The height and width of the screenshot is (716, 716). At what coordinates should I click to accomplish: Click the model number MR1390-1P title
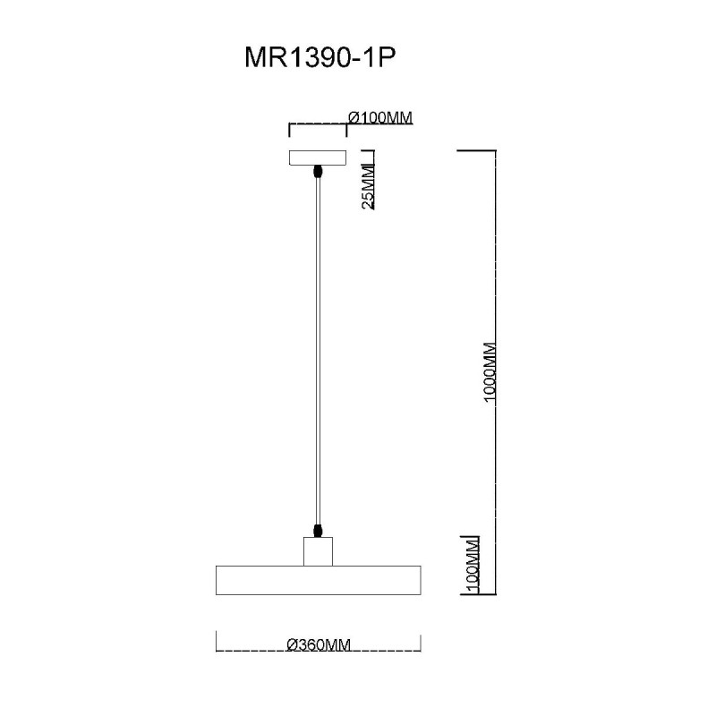(320, 58)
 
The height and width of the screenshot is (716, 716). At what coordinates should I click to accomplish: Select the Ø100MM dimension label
(379, 118)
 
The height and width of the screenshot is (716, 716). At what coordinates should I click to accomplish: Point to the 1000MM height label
(489, 372)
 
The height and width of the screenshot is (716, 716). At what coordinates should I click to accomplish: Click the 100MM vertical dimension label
(473, 567)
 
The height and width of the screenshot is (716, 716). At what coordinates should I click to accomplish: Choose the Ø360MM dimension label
(319, 644)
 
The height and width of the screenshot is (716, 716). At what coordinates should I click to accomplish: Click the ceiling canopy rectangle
(318, 158)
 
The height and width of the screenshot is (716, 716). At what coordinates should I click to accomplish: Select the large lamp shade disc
(319, 580)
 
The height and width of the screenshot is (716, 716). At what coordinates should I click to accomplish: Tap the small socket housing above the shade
(319, 551)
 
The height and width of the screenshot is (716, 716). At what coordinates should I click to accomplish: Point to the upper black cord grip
(318, 172)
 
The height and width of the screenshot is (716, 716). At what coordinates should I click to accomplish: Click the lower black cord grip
(318, 531)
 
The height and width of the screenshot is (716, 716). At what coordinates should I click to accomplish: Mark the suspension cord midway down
(319, 351)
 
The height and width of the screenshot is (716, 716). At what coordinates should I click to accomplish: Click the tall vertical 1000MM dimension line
(496, 372)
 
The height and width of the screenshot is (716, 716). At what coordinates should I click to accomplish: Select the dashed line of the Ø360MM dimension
(319, 650)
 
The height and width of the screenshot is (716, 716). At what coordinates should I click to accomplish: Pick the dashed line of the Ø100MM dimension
(318, 124)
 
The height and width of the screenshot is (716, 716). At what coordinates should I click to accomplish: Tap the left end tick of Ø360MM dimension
(216, 642)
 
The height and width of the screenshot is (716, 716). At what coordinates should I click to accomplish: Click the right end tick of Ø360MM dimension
(421, 642)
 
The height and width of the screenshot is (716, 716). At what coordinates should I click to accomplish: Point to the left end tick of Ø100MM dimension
(289, 130)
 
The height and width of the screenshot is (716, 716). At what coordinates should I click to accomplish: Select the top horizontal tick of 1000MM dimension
(477, 150)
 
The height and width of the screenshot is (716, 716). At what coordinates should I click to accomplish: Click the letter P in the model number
(387, 58)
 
